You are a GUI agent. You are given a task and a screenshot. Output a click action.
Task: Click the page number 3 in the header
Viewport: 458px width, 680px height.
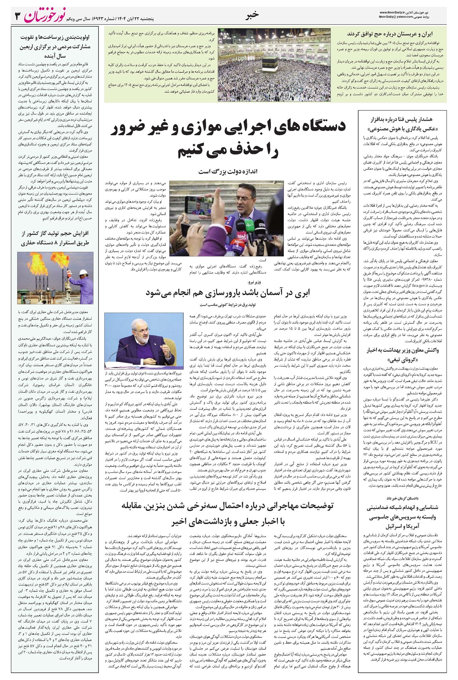click(16, 16)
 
